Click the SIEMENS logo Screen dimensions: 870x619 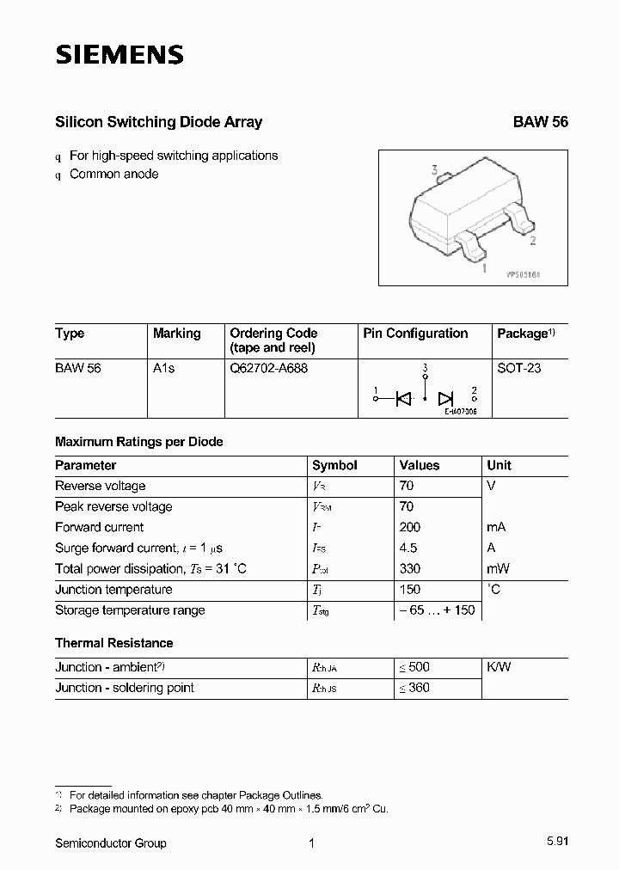coord(120,56)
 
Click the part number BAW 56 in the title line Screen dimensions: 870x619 coord(541,122)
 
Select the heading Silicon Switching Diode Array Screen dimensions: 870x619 coord(158,122)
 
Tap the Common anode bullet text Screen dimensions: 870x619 coord(114,174)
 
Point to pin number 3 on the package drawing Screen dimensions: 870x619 coord(435,170)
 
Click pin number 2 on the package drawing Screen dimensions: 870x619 coord(533,241)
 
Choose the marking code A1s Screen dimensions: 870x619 coord(163,368)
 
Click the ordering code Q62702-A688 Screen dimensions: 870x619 coord(268,368)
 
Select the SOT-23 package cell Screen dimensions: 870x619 coord(519,368)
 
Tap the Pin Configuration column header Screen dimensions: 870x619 coord(415,334)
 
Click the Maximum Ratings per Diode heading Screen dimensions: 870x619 coord(138,442)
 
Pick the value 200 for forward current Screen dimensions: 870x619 coord(410,528)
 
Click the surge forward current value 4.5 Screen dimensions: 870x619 coord(408,548)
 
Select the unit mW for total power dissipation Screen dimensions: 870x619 coord(498,569)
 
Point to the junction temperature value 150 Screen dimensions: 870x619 coord(410,590)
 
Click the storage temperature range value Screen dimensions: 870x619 coord(436,610)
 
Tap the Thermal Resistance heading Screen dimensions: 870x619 coord(113,643)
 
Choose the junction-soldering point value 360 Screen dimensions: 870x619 coord(414,688)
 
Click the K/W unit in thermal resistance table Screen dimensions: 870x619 coord(499,667)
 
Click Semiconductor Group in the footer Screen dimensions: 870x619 coord(111,843)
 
